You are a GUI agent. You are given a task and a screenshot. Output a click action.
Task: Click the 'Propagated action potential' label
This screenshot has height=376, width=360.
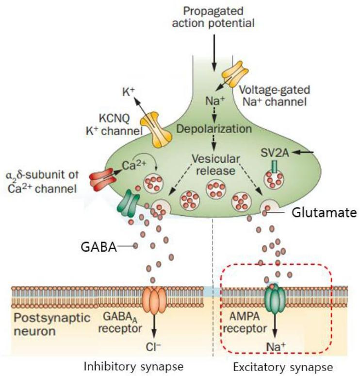[213, 17]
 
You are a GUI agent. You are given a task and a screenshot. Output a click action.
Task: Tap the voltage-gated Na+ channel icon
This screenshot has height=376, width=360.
[235, 74]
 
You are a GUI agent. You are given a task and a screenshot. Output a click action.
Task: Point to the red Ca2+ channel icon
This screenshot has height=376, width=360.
[102, 180]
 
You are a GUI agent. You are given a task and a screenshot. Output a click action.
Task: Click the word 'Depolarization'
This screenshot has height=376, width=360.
[214, 129]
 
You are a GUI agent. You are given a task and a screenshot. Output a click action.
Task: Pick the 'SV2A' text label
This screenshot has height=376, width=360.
[275, 153]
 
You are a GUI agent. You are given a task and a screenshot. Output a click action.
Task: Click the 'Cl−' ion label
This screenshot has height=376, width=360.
[153, 346]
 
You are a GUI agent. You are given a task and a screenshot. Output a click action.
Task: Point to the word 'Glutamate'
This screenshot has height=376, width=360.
[324, 213]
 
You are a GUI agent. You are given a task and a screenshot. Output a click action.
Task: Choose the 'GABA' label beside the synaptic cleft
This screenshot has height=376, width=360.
[98, 247]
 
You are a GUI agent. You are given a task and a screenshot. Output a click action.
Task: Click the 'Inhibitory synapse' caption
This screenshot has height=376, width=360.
[133, 366]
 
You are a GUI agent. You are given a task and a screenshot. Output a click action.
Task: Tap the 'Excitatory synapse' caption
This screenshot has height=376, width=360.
[283, 367]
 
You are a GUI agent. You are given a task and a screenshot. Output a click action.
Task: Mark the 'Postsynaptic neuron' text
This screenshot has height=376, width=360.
[52, 325]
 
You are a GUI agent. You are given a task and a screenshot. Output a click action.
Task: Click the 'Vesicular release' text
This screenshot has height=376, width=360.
[215, 165]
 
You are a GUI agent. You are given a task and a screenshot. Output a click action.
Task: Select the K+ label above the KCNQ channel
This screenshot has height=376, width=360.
[129, 92]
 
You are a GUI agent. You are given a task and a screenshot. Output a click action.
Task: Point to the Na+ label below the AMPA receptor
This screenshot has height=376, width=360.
[276, 347]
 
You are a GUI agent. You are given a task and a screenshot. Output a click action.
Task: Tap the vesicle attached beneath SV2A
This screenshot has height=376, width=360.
[274, 180]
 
